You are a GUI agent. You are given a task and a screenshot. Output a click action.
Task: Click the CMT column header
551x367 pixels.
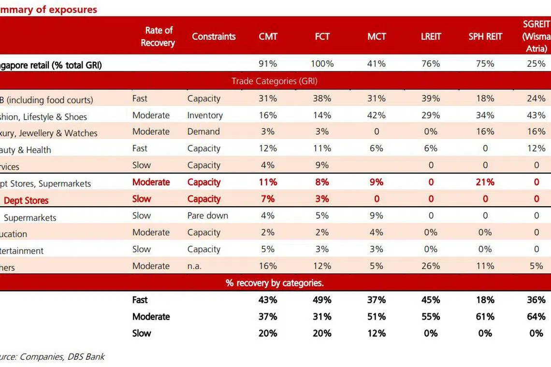pyautogui.click(x=268, y=37)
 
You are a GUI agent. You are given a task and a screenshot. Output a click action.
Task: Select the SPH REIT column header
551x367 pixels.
pyautogui.click(x=485, y=37)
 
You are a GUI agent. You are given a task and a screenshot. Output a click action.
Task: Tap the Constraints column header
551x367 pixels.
pyautogui.click(x=214, y=37)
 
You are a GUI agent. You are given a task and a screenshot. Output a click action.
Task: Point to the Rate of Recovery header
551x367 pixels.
pyautogui.click(x=158, y=37)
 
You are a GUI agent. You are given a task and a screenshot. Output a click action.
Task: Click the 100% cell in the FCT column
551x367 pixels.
pyautogui.click(x=322, y=64)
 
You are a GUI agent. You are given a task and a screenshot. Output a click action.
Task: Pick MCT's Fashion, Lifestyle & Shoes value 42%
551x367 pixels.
pyautogui.click(x=377, y=115)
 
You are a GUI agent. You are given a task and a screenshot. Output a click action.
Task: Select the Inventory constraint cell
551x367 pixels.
pyautogui.click(x=205, y=115)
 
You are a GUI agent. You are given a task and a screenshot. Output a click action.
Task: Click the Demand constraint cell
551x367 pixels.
pyautogui.click(x=203, y=132)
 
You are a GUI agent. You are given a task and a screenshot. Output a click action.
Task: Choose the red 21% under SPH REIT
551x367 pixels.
pyautogui.click(x=485, y=182)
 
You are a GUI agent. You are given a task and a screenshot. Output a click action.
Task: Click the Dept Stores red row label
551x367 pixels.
pyautogui.click(x=26, y=200)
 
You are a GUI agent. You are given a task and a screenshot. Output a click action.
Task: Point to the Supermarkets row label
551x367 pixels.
pyautogui.click(x=30, y=218)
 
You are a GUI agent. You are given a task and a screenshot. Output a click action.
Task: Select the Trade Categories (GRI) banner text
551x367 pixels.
pyautogui.click(x=274, y=81)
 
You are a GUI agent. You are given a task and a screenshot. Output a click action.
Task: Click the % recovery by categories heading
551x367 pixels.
pyautogui.click(x=275, y=283)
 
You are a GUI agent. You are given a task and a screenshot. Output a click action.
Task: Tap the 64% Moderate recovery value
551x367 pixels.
pyautogui.click(x=536, y=317)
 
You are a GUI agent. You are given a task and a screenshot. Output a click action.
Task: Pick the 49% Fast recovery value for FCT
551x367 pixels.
pyautogui.click(x=322, y=300)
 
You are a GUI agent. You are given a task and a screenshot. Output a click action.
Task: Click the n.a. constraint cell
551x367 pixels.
pyautogui.click(x=196, y=266)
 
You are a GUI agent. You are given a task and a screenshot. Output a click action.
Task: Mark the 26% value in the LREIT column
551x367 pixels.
pyautogui.click(x=431, y=266)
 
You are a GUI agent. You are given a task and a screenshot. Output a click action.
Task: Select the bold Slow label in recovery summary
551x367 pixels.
pyautogui.click(x=142, y=333)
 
